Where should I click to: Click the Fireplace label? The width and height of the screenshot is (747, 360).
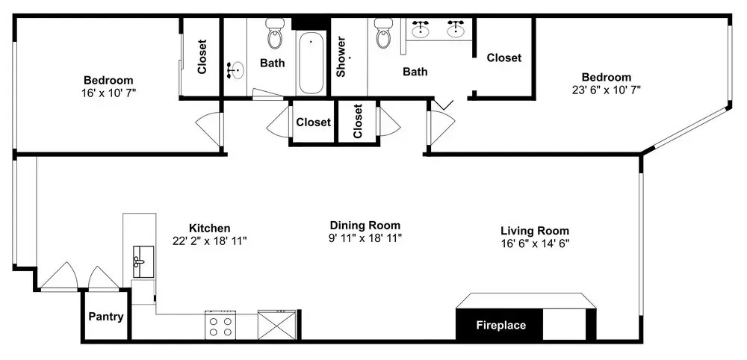501,326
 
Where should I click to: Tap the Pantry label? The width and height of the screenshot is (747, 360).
106,317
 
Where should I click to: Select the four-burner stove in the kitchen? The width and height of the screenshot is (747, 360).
221,325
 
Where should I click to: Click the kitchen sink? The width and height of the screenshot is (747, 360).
143,262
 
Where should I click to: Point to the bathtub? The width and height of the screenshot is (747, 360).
311,63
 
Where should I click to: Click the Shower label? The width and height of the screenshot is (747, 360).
341,58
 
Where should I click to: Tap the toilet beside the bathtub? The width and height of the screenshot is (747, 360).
275,34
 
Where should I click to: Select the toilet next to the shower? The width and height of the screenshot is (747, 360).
383,33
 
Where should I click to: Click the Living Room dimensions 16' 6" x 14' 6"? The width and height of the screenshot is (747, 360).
535,243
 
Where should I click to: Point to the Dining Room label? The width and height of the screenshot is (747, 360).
365,226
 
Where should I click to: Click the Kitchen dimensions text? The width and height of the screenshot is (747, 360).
210,241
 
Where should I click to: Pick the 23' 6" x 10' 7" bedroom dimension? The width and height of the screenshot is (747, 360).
607,90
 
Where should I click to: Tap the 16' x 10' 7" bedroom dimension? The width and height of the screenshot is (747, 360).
109,93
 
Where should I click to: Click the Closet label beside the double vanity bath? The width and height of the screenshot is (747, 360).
504,58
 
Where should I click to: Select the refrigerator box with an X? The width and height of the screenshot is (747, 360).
277,325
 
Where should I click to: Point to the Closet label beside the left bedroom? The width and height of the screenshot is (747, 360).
202,57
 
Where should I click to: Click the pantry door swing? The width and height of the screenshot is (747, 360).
103,277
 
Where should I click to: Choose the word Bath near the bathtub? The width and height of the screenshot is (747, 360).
273,63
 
